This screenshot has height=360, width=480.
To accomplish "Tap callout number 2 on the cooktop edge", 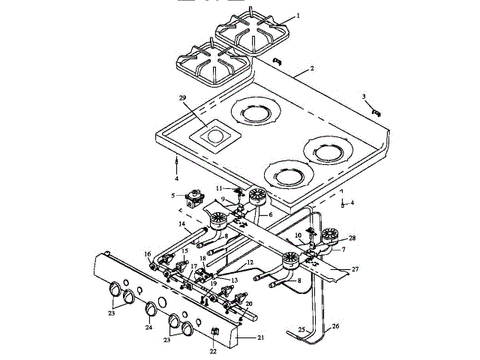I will [x=311, y=68].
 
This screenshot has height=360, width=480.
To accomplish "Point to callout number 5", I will [x=172, y=196].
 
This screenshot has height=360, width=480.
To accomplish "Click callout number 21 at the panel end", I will [x=261, y=338].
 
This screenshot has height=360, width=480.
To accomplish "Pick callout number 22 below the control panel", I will [x=212, y=351].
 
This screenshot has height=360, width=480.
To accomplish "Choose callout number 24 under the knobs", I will [x=149, y=328].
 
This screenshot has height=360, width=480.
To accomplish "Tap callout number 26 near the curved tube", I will [x=336, y=325].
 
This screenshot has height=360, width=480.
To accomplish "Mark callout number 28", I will [x=352, y=238].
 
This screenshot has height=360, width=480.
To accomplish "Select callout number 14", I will [x=181, y=223].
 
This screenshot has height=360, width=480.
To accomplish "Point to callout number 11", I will [x=219, y=187].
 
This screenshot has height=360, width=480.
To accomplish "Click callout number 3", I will [x=364, y=97].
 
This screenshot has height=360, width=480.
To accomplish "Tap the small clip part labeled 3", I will [x=376, y=111].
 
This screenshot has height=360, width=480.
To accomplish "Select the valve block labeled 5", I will [x=197, y=199].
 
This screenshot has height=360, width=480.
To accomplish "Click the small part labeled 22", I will [x=213, y=331].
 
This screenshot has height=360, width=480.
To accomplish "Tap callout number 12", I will [x=250, y=262].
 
